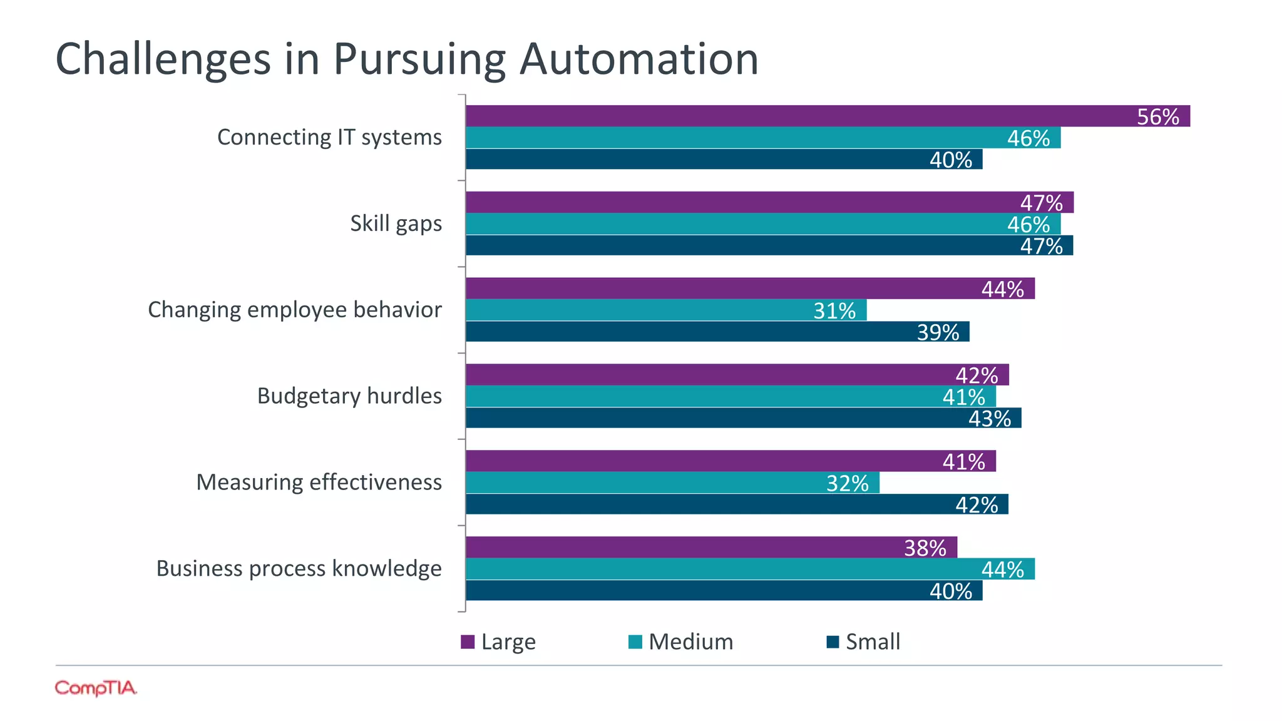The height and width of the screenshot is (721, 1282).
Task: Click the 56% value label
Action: pos(1157,117)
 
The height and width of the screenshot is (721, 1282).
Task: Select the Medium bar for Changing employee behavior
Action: pos(666,310)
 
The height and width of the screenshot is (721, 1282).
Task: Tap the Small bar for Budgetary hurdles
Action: pos(743,418)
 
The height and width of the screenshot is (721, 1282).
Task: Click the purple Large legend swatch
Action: pos(468,642)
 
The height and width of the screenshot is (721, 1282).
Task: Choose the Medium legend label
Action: pos(690,642)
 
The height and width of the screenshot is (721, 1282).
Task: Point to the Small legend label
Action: pos(873,642)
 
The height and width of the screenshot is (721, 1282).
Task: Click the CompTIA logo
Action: pos(96,688)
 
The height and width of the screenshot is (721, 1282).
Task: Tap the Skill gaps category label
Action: pos(396,223)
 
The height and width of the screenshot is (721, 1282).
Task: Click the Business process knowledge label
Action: pos(299,568)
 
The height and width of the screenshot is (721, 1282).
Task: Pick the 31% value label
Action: pos(834,311)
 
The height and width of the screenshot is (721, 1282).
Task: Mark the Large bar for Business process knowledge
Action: pos(711,547)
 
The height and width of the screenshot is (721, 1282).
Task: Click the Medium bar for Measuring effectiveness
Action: pos(672,483)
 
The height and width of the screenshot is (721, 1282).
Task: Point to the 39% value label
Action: pos(938,332)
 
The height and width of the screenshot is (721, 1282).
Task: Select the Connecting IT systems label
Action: pos(329,137)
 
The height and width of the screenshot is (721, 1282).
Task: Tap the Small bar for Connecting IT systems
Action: pos(724,160)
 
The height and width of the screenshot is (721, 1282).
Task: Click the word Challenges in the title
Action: pos(163,59)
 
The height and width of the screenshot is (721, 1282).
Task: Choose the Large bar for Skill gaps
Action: pos(769,202)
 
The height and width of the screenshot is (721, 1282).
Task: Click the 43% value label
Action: pos(989,419)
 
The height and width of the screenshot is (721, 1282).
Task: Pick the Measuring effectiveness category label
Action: pos(319,482)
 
